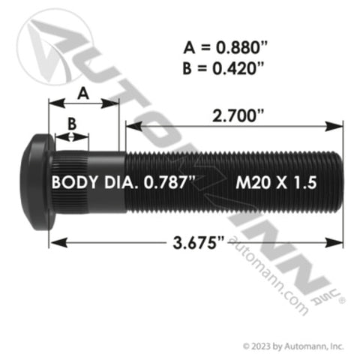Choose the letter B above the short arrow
pyautogui.click(x=71, y=121)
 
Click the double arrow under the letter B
pyautogui.click(x=71, y=136)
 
